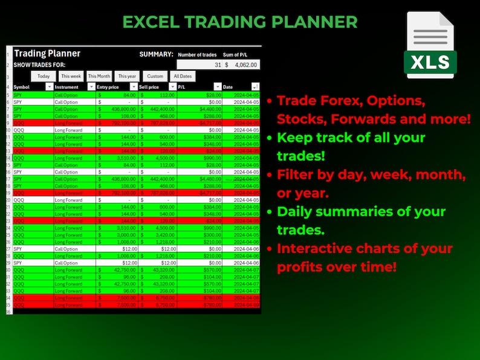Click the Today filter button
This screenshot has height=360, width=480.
pyautogui.click(x=44, y=76)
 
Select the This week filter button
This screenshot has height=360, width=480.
pyautogui.click(x=71, y=76)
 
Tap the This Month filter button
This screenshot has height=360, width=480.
pyautogui.click(x=99, y=76)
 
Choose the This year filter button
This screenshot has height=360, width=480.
pyautogui.click(x=127, y=76)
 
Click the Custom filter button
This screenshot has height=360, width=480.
pyautogui.click(x=155, y=76)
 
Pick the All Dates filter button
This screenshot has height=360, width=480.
pyautogui.click(x=183, y=76)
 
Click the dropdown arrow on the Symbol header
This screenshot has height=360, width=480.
pyautogui.click(x=49, y=87)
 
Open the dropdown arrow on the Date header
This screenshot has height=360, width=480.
pyautogui.click(x=255, y=87)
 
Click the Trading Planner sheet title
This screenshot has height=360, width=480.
pyautogui.click(x=47, y=54)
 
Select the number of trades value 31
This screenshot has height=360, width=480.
pyautogui.click(x=217, y=65)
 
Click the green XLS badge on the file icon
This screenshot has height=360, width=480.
pyautogui.click(x=430, y=62)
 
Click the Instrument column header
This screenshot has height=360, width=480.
pyautogui.click(x=66, y=87)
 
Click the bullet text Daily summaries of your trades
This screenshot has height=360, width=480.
pyautogui.click(x=362, y=220)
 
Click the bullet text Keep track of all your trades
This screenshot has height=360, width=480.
pyautogui.click(x=351, y=146)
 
